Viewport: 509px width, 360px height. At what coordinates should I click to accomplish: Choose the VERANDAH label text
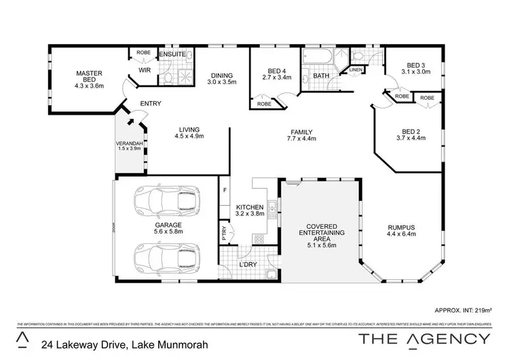tap(129, 144)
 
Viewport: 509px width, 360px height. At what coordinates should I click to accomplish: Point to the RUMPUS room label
tap(400, 228)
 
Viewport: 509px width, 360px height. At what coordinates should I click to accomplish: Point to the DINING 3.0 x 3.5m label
tap(221, 79)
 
